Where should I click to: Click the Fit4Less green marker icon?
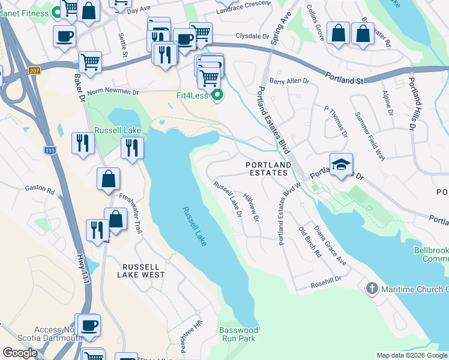tap(218, 95)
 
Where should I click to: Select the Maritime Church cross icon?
tap(372, 289)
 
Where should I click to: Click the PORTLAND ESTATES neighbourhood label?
tap(268, 169)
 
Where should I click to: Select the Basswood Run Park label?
tap(238, 334)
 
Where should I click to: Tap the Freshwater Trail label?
tap(130, 205)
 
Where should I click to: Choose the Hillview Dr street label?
tap(252, 208)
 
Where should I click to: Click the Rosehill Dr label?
tap(326, 279)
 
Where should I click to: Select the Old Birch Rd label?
tap(310, 242)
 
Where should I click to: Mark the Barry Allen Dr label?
tap(289, 80)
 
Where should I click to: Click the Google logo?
tap(20, 353)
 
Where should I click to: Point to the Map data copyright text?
tap(412, 355)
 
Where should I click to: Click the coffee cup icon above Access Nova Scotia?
tap(89, 325)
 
